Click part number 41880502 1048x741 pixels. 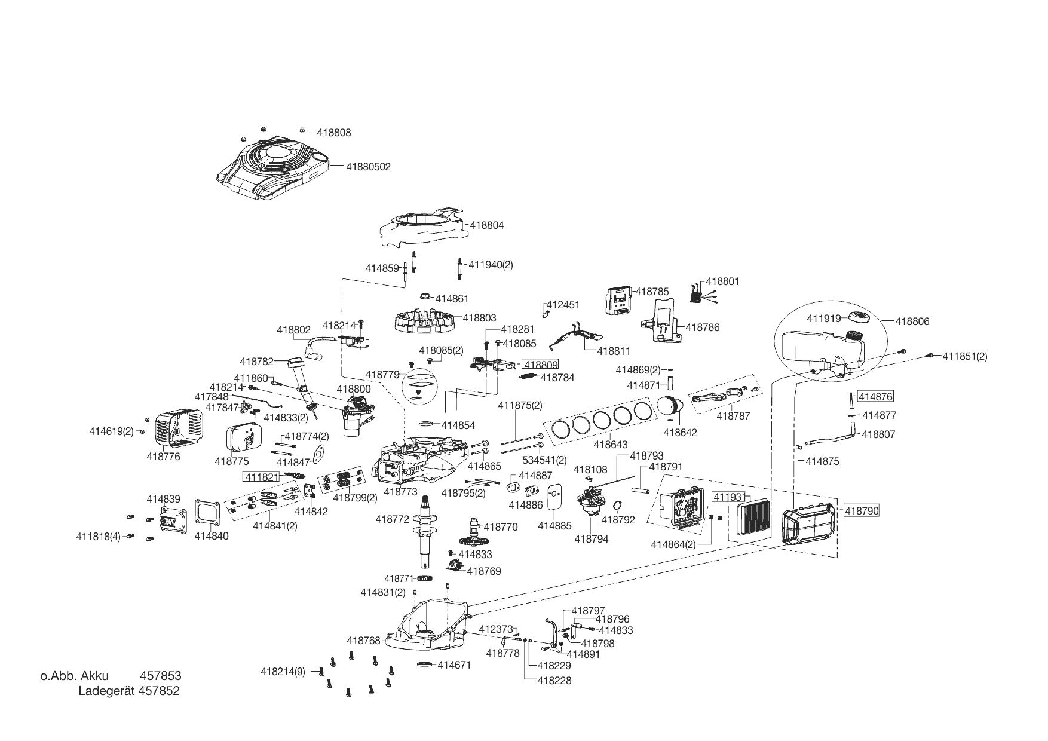pos(368,167)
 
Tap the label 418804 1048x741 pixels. pos(487,225)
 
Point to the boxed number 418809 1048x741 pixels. pos(541,364)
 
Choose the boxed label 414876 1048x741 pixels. pos(876,396)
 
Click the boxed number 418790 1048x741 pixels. pos(861,510)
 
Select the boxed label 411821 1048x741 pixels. pos(261,476)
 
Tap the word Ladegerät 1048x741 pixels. pos(106,691)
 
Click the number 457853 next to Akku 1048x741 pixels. pos(160,676)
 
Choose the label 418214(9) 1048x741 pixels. pos(283,672)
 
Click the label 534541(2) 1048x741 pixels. pos(544,460)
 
